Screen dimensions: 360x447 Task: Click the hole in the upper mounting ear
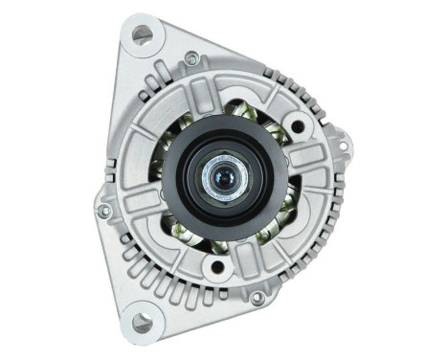(x=143, y=34)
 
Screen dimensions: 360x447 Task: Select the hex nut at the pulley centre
(x=230, y=178)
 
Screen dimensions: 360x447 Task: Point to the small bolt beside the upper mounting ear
(x=192, y=59)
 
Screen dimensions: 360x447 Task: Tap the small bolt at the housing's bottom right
(x=257, y=298)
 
